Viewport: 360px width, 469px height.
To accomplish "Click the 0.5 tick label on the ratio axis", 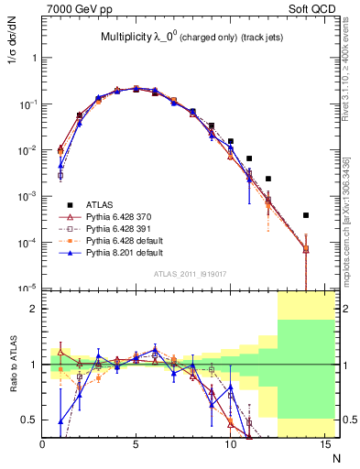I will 29,420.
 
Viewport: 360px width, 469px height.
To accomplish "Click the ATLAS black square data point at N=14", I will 305,215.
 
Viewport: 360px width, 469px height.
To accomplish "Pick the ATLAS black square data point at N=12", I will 267,179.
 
